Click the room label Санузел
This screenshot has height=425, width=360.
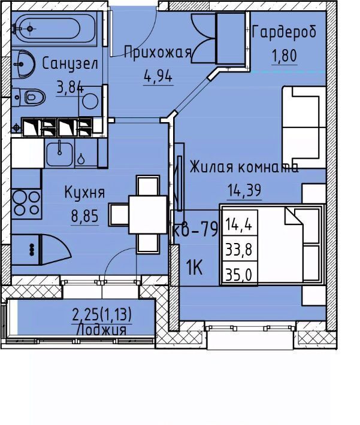pos(70,64)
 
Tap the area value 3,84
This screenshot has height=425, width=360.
pos(69,87)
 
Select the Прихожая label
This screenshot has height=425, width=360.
pos(158,53)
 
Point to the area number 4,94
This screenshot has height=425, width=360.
pos(158,76)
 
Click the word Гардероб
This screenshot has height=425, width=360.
pos(285,32)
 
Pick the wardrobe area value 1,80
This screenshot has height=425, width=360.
pos(285,56)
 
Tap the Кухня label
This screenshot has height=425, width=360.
pos(84,193)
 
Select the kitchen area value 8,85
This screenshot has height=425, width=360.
pos(84,216)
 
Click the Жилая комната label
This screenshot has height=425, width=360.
pos(244,166)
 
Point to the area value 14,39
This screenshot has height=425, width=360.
pos(244,190)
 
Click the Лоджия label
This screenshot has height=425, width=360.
pos(102,330)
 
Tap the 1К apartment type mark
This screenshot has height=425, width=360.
pos(194,267)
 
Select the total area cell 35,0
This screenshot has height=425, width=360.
pos(239,275)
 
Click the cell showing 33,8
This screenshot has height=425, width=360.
pos(239,250)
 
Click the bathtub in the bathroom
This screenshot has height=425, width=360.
pos(54,28)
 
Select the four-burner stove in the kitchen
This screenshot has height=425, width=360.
pos(26,204)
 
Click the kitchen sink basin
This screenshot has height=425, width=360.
pos(59,154)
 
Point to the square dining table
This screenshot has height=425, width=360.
pos(148,214)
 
